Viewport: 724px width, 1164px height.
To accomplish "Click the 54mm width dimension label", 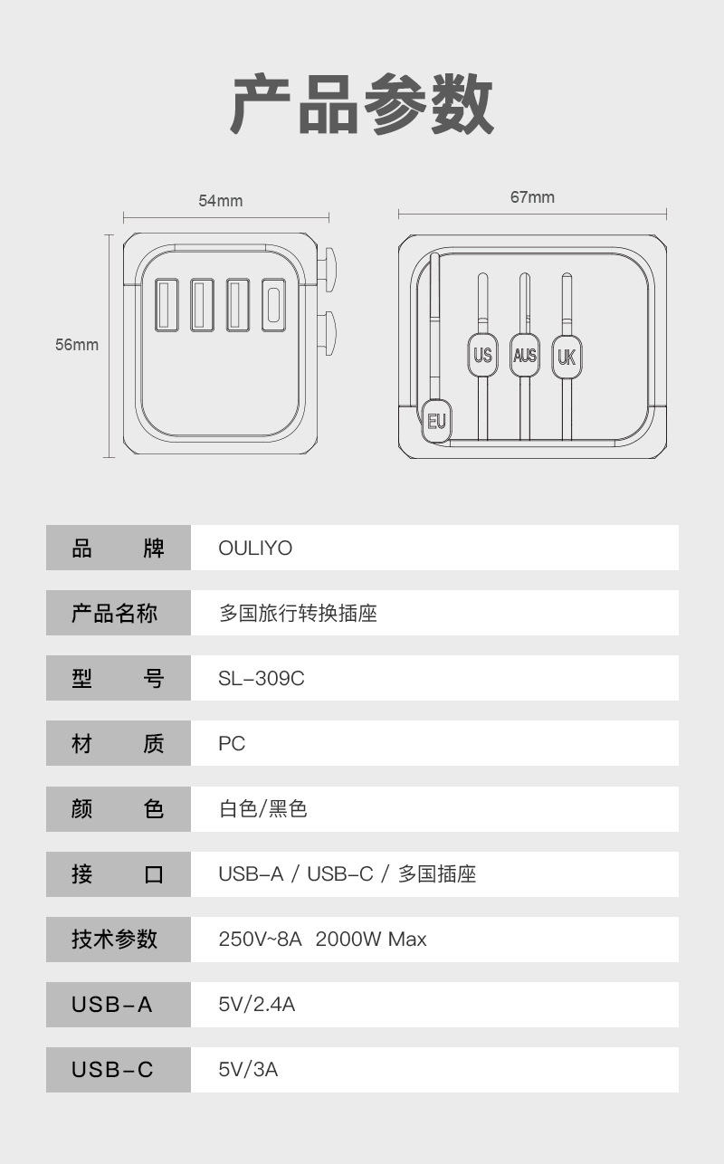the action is coord(221,201).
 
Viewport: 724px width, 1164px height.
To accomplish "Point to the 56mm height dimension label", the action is coord(77,345).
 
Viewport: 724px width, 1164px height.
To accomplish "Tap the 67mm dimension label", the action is coord(532,197).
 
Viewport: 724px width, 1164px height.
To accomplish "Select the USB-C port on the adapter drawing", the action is coord(273,304).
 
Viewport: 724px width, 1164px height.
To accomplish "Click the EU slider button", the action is coord(436,420).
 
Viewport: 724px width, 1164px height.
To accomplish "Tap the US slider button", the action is coord(482,355).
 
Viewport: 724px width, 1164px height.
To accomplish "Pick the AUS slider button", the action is coord(525,355).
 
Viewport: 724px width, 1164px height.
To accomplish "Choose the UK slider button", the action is coord(567,356).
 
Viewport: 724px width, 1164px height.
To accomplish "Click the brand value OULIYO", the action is coord(255,549).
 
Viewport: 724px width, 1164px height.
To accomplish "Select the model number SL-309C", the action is coord(262,679).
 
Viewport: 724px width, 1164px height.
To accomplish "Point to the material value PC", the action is coord(232,744).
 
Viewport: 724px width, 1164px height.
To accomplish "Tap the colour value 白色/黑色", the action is coord(263,809).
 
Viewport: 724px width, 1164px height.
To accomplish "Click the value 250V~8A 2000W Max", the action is coord(322,940).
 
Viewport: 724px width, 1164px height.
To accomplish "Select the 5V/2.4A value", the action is coord(257,1005).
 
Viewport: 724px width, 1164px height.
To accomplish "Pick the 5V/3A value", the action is coord(248,1070).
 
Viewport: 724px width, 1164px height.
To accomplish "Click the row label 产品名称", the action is coord(115,614).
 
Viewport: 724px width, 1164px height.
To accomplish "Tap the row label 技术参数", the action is coord(115,940).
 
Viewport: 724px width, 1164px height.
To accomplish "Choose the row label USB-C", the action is coord(113,1070).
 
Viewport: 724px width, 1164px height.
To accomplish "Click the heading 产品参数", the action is coord(362,105).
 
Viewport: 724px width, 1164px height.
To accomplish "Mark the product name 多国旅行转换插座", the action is coord(298,614).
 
